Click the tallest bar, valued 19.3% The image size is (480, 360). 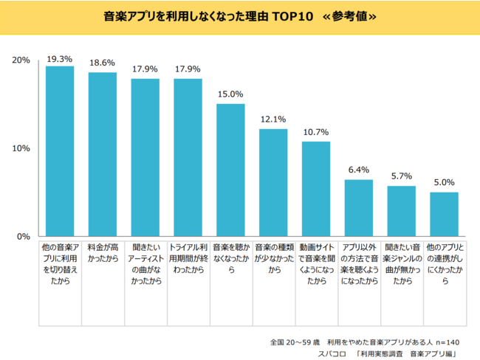[60, 151]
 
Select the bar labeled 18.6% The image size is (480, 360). [103, 154]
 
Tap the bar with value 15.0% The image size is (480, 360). [230, 170]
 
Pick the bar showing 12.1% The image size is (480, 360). [273, 182]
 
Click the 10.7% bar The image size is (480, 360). [316, 189]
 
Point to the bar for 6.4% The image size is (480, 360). [359, 207]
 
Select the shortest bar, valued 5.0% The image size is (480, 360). [444, 214]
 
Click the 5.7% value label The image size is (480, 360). [401, 177]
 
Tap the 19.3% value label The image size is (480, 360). [60, 58]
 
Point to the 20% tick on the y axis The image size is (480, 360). [21, 60]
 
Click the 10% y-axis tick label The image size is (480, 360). [21, 148]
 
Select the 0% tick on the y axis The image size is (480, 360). [24, 236]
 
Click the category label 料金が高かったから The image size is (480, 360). [103, 254]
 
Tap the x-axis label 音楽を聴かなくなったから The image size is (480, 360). [230, 260]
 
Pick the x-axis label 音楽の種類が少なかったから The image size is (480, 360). [273, 260]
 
